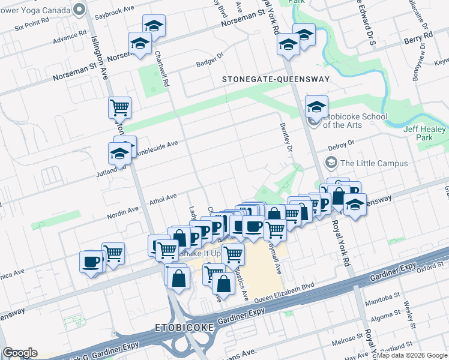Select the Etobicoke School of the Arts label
(x=355, y=121)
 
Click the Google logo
(x=20, y=352)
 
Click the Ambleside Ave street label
(x=157, y=147)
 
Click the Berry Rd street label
(x=418, y=37)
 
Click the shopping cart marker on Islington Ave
(x=120, y=107)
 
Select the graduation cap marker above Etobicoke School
(x=316, y=106)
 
